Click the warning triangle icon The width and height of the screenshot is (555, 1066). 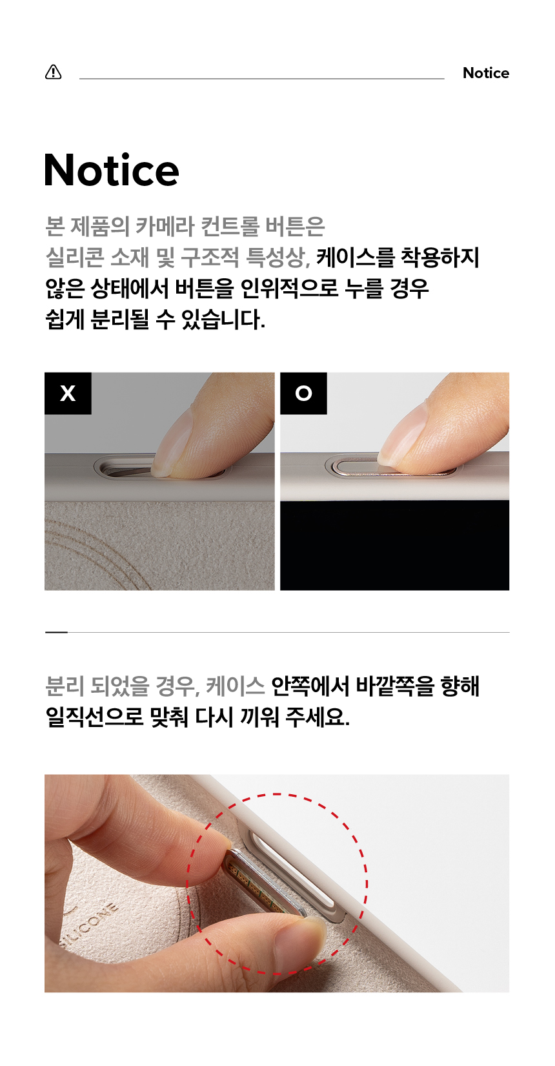(x=54, y=72)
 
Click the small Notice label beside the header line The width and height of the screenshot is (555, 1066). (x=485, y=73)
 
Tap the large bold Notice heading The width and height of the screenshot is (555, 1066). (x=111, y=170)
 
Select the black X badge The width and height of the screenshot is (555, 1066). (x=68, y=393)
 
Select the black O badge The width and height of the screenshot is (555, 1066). (x=303, y=393)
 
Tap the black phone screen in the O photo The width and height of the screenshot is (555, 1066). (x=395, y=545)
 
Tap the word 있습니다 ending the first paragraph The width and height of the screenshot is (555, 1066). (x=223, y=320)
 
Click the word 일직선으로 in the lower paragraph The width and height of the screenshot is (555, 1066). (x=94, y=717)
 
